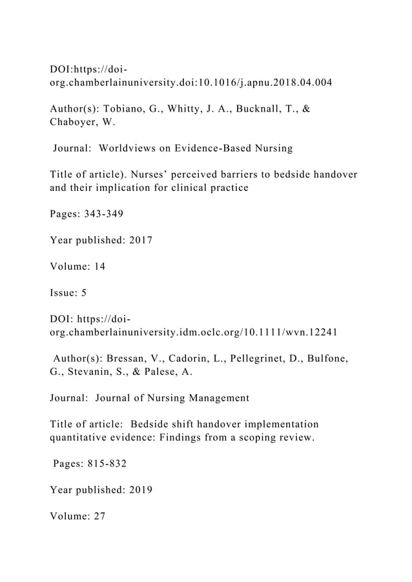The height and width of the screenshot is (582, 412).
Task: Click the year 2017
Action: [x=141, y=240]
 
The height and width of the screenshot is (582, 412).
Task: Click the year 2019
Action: [x=141, y=489]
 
